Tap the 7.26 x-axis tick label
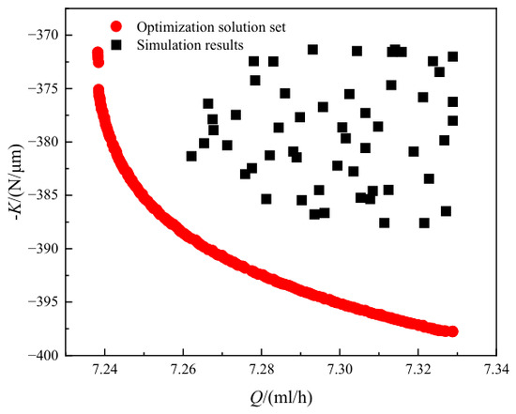pyautogui.click(x=183, y=369)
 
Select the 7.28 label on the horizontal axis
pyautogui.click(x=262, y=369)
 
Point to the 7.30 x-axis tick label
pyautogui.click(x=340, y=369)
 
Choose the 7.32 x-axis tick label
pyautogui.click(x=417, y=369)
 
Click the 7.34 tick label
pyautogui.click(x=496, y=369)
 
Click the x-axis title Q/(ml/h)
pyautogui.click(x=281, y=398)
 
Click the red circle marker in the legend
pyautogui.click(x=115, y=26)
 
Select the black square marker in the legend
pyautogui.click(x=115, y=45)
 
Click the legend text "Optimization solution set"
pyautogui.click(x=211, y=27)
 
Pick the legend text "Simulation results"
pyautogui.click(x=190, y=45)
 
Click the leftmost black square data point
pyautogui.click(x=191, y=156)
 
